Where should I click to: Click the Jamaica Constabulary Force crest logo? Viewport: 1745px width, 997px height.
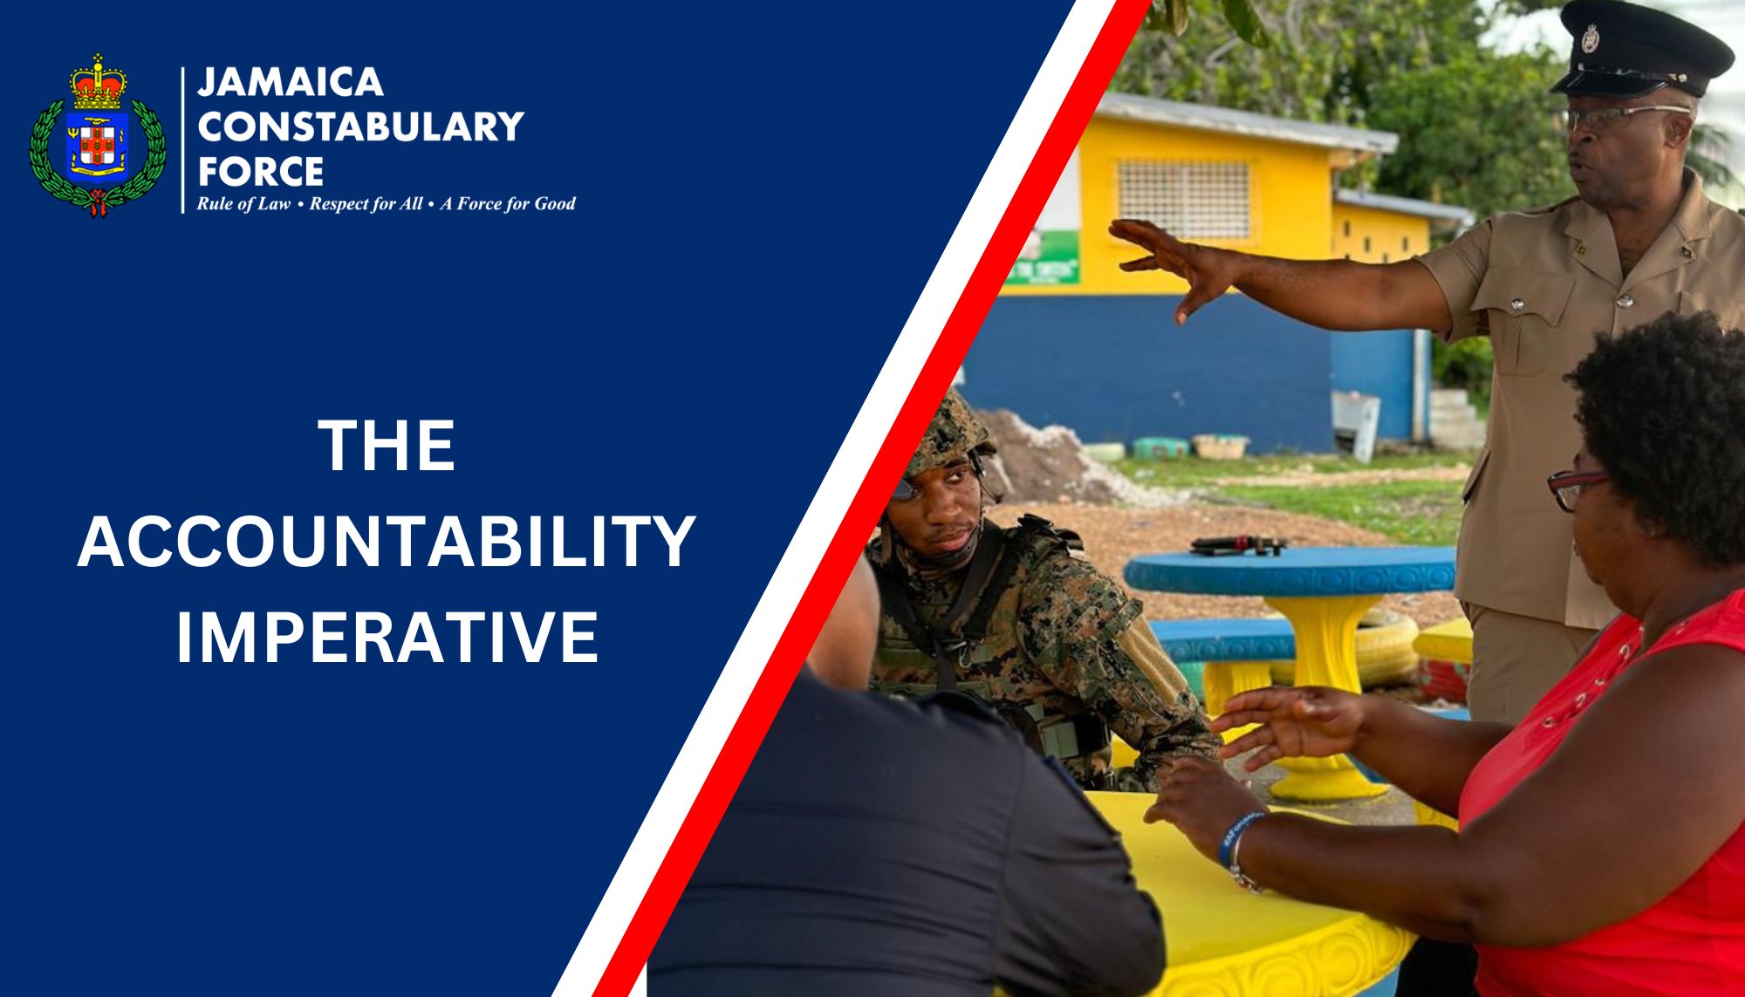coord(98,138)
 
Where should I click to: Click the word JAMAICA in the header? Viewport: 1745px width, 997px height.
coord(291,83)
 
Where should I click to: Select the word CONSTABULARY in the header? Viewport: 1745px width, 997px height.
coord(360,127)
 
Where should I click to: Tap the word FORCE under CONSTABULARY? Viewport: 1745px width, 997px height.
coord(261,172)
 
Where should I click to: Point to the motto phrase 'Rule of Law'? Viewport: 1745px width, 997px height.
coord(243,204)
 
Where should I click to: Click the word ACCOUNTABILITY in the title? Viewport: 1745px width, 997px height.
coord(387,542)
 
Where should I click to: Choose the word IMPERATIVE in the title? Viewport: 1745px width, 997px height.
coord(387,638)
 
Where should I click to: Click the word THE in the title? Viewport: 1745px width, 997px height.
coord(387,446)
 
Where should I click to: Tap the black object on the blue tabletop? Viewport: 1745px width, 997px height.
coord(1238,545)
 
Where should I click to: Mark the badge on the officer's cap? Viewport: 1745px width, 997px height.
coord(1591,38)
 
